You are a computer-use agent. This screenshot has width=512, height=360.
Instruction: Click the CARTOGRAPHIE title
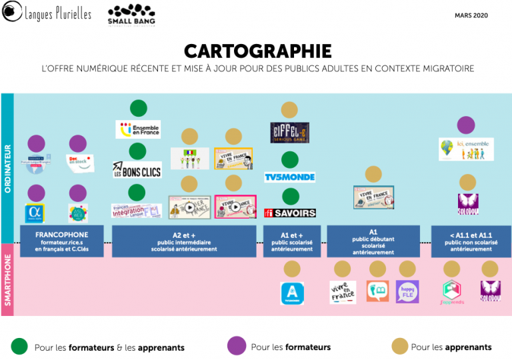(x=257, y=51)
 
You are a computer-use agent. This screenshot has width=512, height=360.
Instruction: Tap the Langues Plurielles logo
(x=46, y=13)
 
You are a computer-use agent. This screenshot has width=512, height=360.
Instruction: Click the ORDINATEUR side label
(x=8, y=168)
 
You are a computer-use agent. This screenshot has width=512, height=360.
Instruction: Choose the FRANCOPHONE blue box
(x=62, y=241)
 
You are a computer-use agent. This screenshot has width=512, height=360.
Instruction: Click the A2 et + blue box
(x=185, y=241)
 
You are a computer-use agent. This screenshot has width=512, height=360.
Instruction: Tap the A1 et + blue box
(x=291, y=241)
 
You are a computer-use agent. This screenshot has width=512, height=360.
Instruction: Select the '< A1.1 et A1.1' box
(x=471, y=241)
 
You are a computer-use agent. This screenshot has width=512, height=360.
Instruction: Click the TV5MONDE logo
(x=290, y=177)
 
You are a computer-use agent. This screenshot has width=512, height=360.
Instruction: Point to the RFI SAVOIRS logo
(x=290, y=213)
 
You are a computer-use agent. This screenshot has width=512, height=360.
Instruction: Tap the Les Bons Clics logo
(x=137, y=170)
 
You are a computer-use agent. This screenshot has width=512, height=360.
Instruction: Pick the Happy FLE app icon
(x=407, y=291)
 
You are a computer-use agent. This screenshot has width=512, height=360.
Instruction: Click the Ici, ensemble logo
(x=466, y=149)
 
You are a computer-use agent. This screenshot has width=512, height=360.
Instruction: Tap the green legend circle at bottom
(x=20, y=346)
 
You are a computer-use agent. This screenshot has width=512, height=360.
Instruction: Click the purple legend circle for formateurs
(x=237, y=346)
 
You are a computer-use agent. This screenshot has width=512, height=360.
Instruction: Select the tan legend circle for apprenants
(x=400, y=346)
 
